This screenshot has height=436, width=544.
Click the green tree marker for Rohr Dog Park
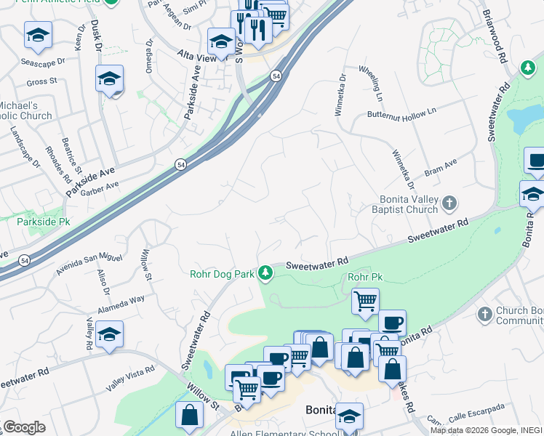(266, 273)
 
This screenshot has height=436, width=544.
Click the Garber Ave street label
(100, 188)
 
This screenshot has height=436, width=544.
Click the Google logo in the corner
(24, 427)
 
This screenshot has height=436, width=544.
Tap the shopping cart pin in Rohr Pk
(365, 301)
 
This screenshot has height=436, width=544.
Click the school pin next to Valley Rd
(109, 334)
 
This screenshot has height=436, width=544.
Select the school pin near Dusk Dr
(109, 78)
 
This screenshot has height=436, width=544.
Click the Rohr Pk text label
(365, 278)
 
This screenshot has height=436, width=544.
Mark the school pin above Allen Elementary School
(350, 416)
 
